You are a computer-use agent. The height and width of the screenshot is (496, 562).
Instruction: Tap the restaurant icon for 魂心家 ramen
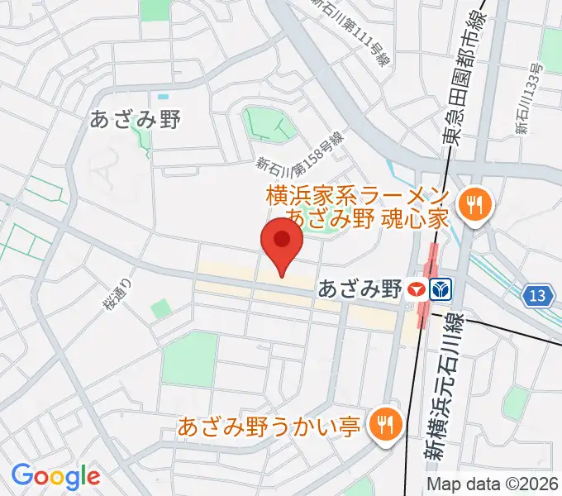tap(474, 203)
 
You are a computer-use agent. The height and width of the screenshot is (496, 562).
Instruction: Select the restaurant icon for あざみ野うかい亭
tap(383, 426)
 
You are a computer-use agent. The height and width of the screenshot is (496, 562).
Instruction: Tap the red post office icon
tap(417, 289)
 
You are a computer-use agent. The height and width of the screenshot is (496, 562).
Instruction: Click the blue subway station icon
tap(441, 289)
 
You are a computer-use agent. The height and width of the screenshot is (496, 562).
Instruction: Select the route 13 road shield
tap(539, 295)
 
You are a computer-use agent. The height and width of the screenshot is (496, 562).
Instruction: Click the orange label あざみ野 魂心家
tap(367, 219)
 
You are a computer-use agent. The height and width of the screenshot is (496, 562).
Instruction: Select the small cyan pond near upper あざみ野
tap(163, 98)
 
